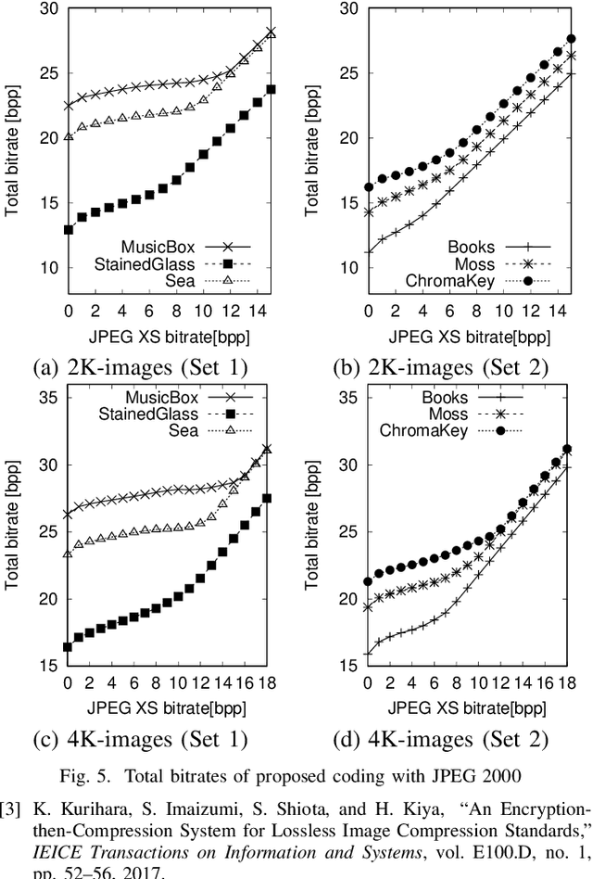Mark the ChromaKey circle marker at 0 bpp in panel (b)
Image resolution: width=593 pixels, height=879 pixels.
(x=369, y=187)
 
